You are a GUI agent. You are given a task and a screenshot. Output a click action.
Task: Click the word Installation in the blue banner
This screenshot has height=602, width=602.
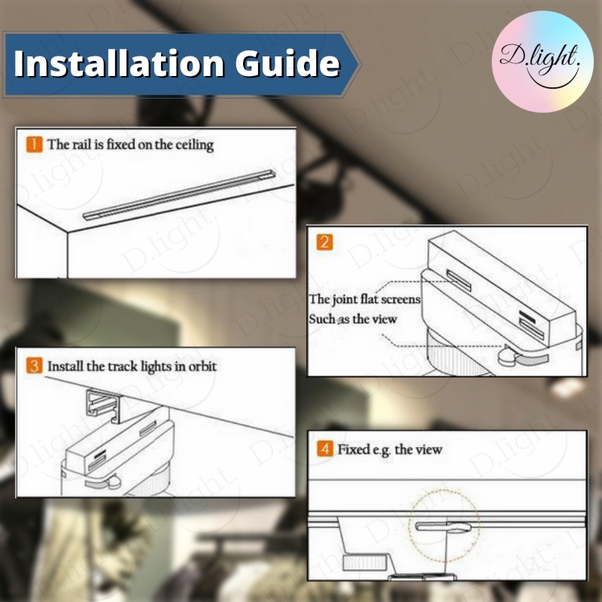click(119, 63)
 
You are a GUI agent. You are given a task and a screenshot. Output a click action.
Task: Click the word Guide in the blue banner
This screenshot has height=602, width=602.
click(287, 63)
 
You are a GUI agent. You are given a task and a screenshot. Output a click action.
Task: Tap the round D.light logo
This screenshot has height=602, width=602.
click(542, 62)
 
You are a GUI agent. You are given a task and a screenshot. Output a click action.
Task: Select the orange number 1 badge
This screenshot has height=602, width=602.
click(34, 144)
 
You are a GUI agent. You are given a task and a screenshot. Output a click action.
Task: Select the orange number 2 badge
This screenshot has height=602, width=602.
click(324, 242)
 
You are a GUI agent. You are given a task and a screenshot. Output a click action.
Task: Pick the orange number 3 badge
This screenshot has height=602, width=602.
click(34, 366)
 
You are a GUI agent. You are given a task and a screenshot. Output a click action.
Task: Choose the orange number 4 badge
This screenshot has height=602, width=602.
click(325, 448)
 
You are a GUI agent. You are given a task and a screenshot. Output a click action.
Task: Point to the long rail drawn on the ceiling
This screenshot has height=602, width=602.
click(179, 195)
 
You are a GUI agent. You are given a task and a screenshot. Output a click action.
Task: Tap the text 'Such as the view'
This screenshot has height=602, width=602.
click(352, 319)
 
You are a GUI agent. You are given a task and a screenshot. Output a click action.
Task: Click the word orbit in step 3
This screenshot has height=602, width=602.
click(202, 366)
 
